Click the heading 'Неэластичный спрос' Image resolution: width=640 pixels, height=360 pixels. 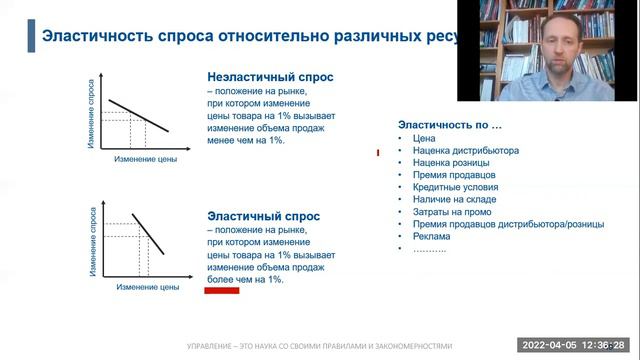point(270,76)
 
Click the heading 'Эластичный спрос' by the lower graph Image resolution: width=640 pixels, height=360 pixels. point(263,215)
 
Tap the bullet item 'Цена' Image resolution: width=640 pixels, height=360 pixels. point(424,139)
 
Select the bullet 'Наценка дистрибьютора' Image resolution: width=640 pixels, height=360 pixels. point(465,151)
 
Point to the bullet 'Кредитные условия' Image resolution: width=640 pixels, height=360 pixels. point(455,187)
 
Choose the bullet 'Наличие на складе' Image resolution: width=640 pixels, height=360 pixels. point(454,199)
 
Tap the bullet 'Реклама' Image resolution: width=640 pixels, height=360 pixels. point(432,237)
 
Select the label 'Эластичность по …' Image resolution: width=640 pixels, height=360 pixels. point(450,125)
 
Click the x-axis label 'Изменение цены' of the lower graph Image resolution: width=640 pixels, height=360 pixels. point(147,288)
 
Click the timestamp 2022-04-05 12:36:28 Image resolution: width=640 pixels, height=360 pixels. point(578,345)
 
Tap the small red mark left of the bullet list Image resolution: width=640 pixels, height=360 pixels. point(377,153)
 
